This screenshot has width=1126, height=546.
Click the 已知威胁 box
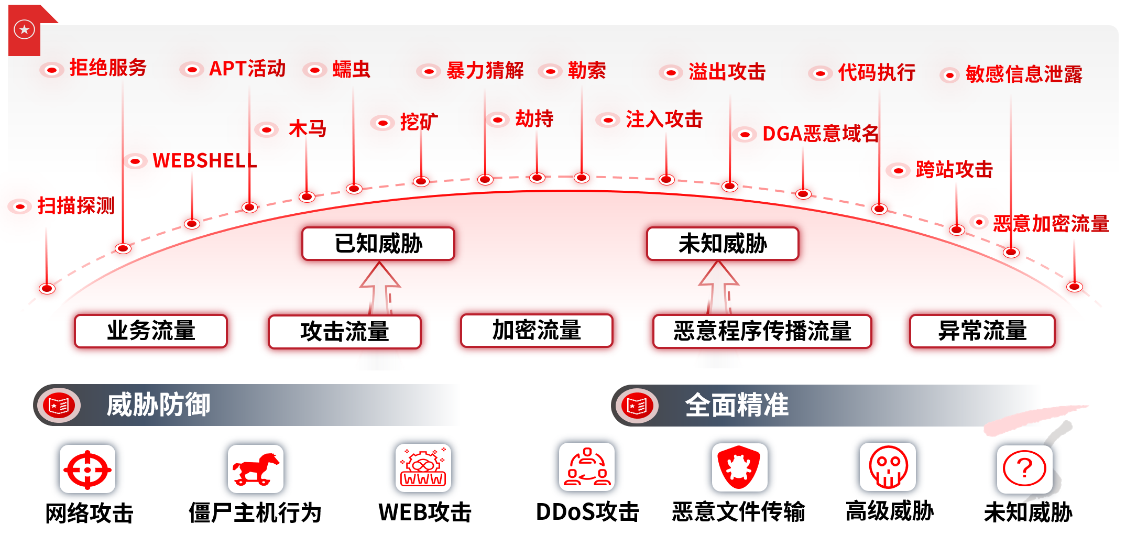378,244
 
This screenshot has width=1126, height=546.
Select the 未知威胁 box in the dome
723,244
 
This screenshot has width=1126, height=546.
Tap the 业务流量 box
151,331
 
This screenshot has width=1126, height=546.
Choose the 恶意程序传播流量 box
762,331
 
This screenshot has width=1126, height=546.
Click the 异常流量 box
982,331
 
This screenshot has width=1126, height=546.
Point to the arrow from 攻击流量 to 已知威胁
380,288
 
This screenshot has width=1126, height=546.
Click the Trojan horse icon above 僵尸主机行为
256,469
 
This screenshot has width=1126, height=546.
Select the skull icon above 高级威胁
888,467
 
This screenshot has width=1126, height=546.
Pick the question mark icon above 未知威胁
1024,469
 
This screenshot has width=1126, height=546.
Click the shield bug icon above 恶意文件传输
739,467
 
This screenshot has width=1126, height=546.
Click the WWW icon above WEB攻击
423,467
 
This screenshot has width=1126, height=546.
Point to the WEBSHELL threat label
204,160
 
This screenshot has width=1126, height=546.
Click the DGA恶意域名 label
820,134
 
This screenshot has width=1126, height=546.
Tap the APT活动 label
247,69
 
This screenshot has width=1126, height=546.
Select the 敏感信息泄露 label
1024,74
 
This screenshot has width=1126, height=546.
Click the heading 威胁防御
158,405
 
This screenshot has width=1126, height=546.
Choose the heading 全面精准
737,405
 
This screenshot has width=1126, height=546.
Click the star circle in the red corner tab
24,29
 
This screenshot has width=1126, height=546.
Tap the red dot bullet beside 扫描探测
20,206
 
